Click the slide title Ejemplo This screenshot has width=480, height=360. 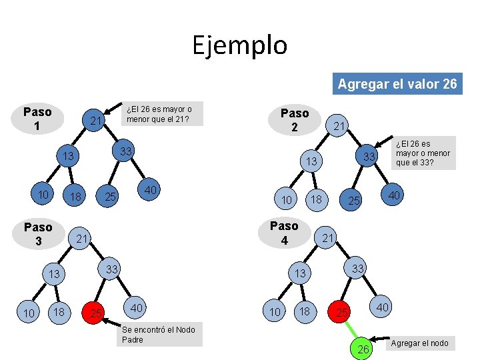click(240, 45)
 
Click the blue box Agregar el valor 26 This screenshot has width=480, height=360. click(397, 84)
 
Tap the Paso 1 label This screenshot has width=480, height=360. click(37, 119)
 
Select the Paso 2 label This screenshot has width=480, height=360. click(294, 120)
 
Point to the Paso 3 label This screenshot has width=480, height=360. click(38, 234)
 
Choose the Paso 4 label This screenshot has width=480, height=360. click(284, 233)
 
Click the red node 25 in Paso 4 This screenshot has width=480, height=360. click(341, 312)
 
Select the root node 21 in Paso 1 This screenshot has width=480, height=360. click(96, 121)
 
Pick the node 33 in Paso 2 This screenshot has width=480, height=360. click(366, 157)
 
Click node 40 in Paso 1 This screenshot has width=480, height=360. click(151, 190)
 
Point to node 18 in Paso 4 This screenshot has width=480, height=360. click(306, 312)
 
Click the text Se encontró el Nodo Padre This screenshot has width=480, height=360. click(160, 335)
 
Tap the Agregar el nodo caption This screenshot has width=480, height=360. click(419, 343)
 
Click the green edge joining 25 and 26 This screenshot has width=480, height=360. click(353, 331)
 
